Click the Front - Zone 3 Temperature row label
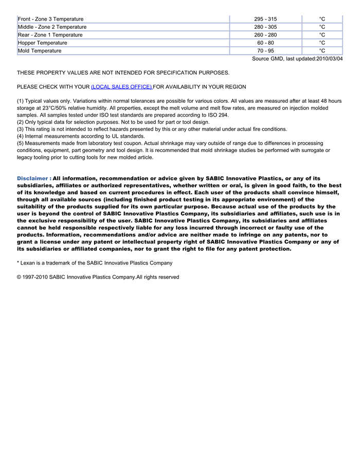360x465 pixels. click(50, 19)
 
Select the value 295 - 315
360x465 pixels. click(265, 19)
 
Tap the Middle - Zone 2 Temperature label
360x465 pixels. click(52, 27)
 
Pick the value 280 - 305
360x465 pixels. click(265, 27)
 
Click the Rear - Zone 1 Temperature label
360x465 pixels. click(50, 35)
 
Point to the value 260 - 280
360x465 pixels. click(265, 35)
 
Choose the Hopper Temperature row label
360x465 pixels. click(42, 43)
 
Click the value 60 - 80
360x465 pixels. click(265, 43)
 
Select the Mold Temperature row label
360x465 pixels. click(40, 51)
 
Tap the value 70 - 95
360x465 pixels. click(265, 51)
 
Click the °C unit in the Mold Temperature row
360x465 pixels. click(322, 51)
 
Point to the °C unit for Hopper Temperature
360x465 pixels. click(322, 43)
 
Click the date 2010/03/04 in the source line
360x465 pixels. click(330, 59)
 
